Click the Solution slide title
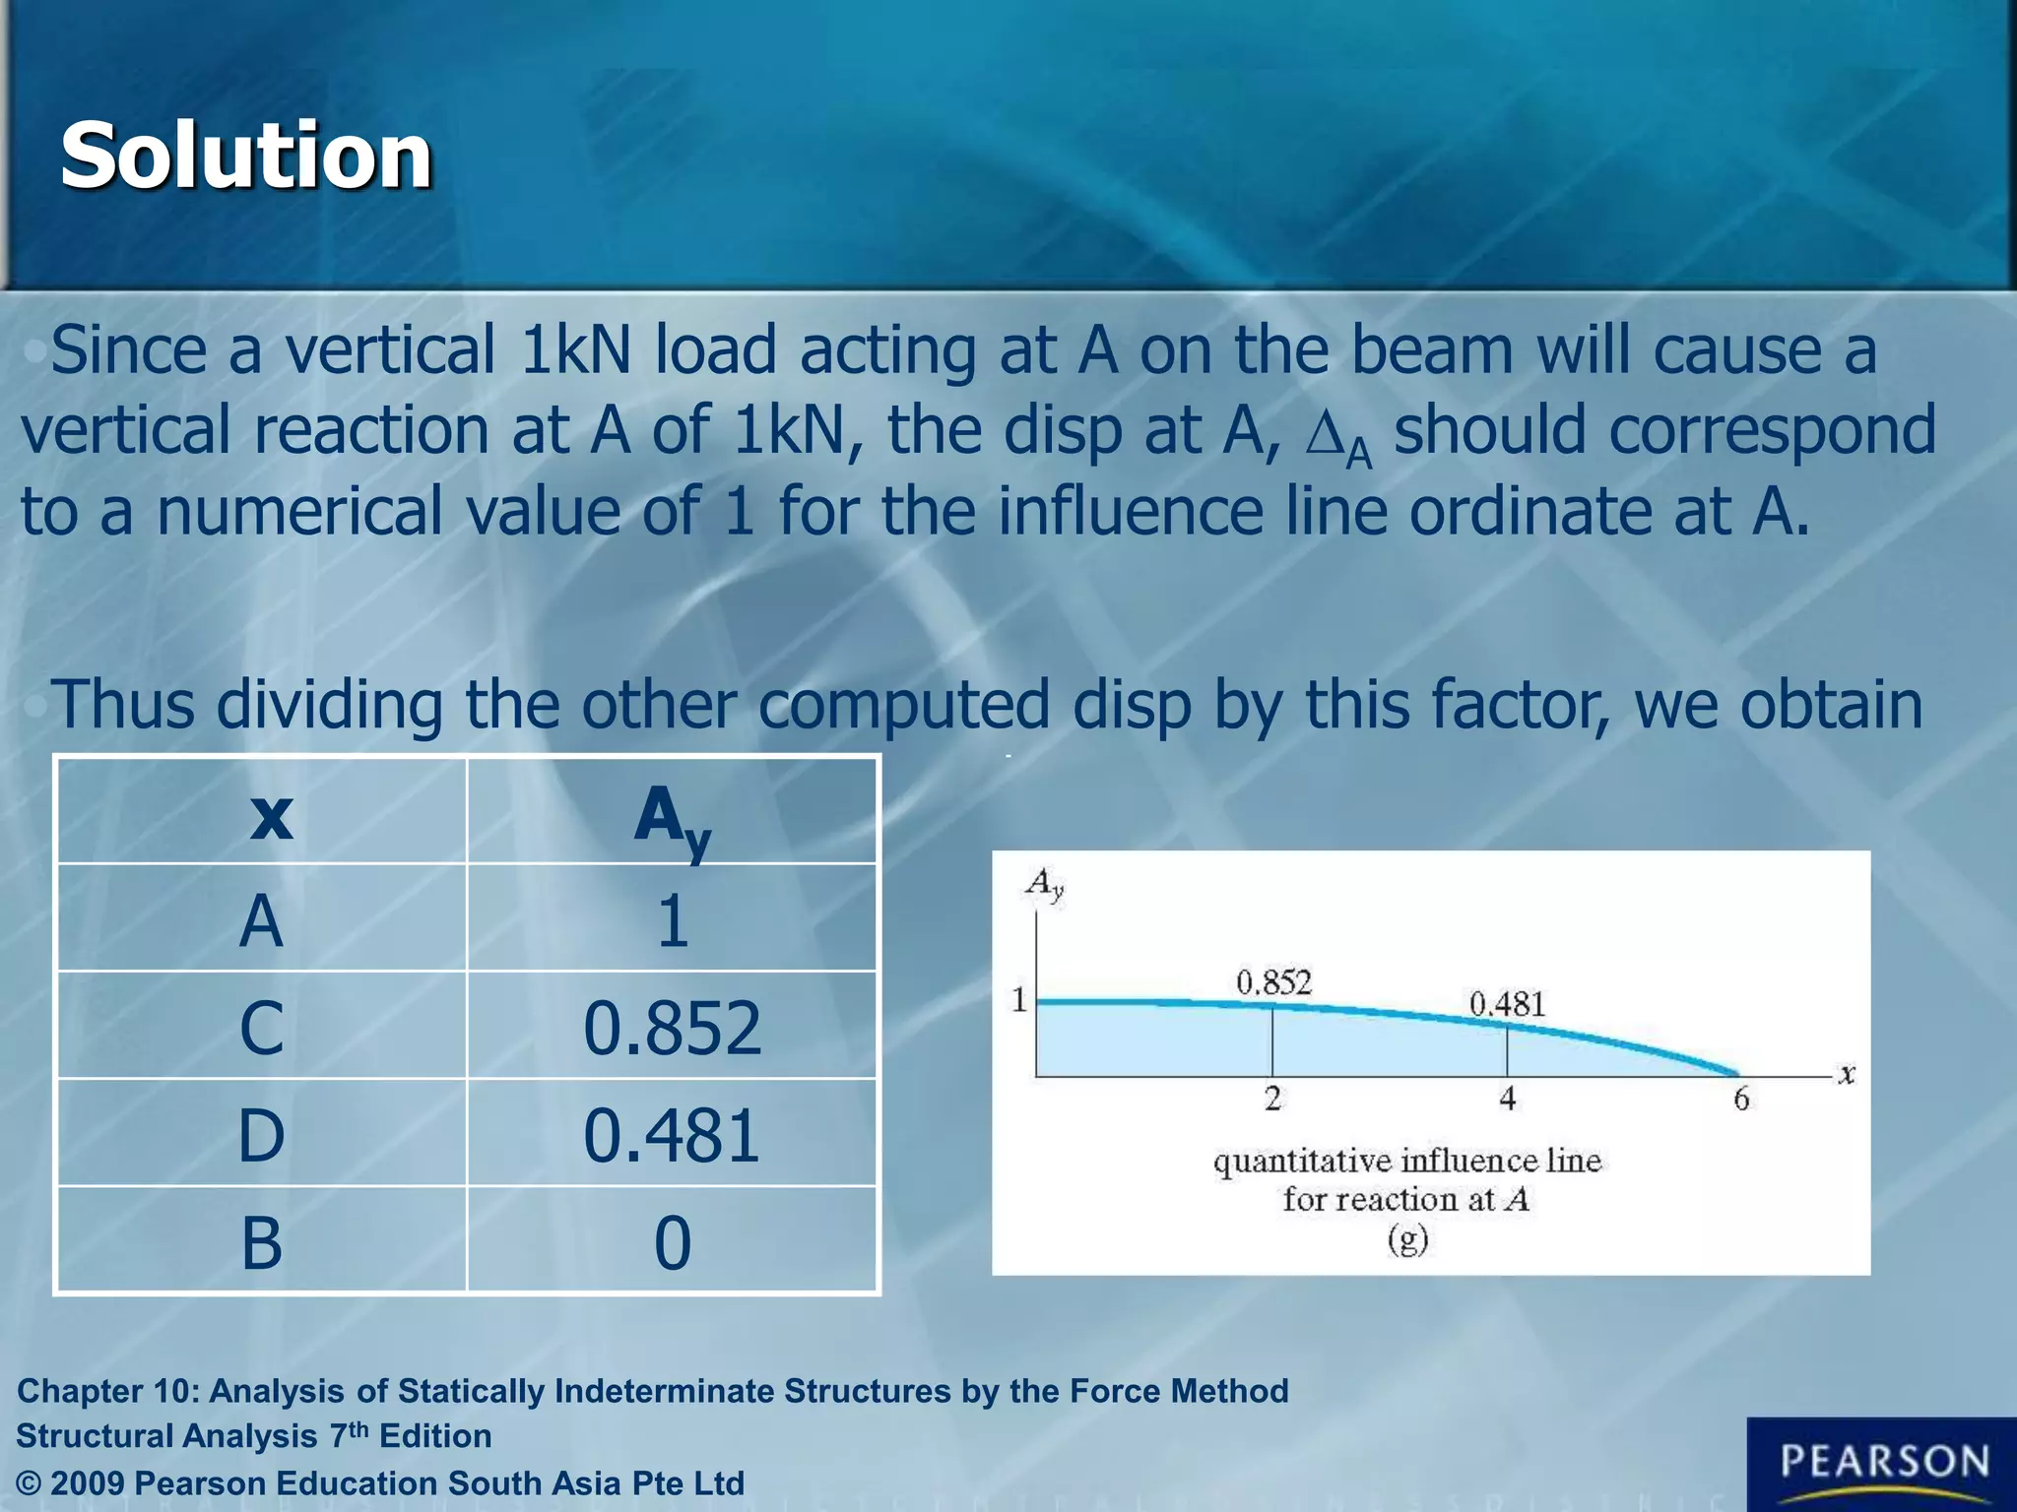tap(246, 156)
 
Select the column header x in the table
tap(271, 815)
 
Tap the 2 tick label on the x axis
tap(1272, 1099)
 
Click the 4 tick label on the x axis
tap(1507, 1099)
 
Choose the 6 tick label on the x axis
tap(1740, 1099)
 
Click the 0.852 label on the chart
tap(1273, 982)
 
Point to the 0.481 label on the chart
tap(1507, 1004)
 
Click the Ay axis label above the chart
tap(1044, 884)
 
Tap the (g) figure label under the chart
tap(1407, 1239)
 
